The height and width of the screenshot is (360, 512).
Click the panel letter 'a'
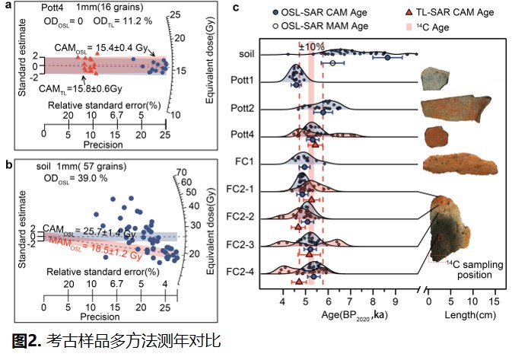[8, 6]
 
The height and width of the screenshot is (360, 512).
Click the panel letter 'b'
[8, 164]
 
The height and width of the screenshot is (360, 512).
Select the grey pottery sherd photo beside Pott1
[437, 77]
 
